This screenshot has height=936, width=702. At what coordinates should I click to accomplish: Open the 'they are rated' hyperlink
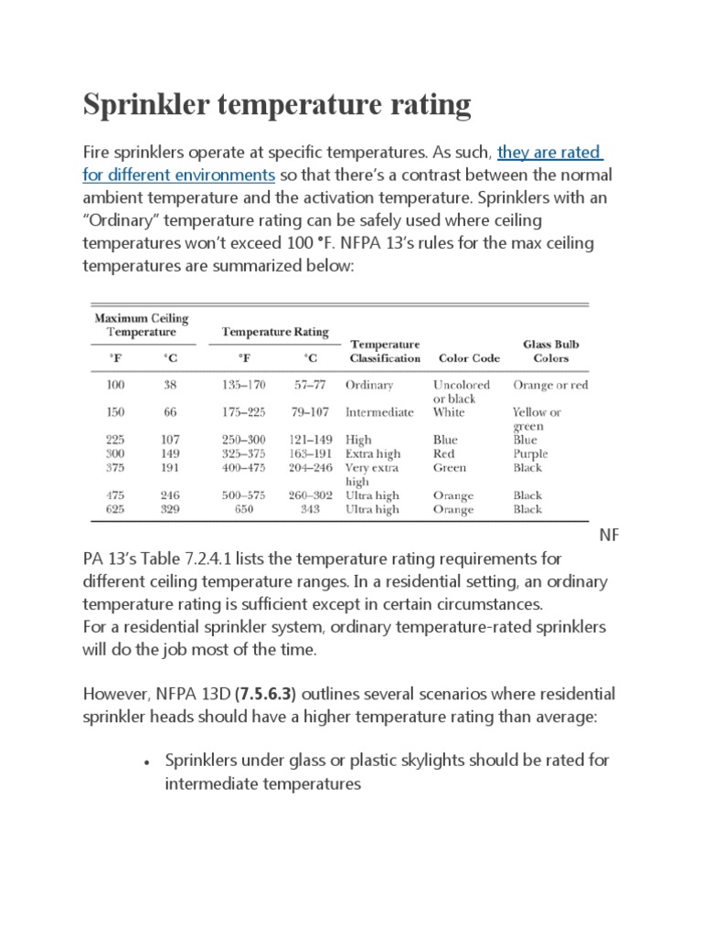point(549,152)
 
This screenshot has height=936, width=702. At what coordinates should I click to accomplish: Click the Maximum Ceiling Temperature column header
point(142,325)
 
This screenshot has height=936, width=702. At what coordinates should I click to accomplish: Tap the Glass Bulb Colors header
point(550,351)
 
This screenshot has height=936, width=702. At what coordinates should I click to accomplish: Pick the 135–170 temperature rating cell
point(244,385)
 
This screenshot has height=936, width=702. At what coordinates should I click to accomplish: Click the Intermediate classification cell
point(379,412)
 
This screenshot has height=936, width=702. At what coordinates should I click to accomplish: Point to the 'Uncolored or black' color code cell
point(462,391)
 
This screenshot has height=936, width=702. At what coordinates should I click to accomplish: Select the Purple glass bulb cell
point(530,453)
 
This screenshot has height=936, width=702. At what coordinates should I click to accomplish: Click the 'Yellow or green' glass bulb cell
point(537,419)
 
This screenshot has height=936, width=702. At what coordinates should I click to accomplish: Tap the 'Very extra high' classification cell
point(372,474)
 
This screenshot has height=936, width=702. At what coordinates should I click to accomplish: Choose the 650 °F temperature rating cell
point(244,509)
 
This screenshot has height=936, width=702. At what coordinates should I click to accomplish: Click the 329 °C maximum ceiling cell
point(171,509)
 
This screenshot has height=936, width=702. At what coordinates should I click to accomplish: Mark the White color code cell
point(449,412)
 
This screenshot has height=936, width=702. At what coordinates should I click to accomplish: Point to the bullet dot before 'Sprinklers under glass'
point(146,761)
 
